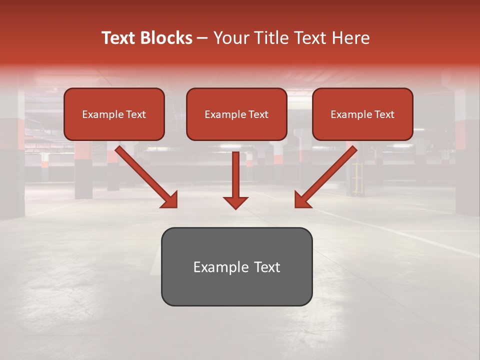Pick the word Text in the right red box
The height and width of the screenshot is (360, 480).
point(384,114)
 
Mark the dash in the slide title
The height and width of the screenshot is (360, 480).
point(202,38)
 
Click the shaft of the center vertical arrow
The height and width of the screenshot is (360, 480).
point(235,172)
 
